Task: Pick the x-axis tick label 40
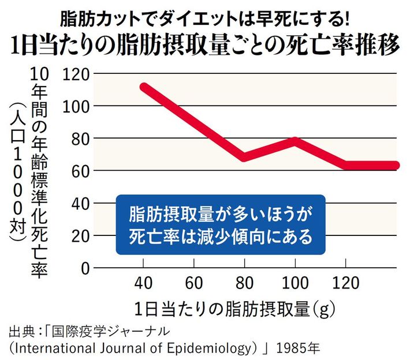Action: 143,284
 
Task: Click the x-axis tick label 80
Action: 245,284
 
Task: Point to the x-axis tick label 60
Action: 194,284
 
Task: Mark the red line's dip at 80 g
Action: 245,157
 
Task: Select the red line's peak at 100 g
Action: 295,141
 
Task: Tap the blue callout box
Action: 221,225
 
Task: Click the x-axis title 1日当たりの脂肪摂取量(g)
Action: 231,307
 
